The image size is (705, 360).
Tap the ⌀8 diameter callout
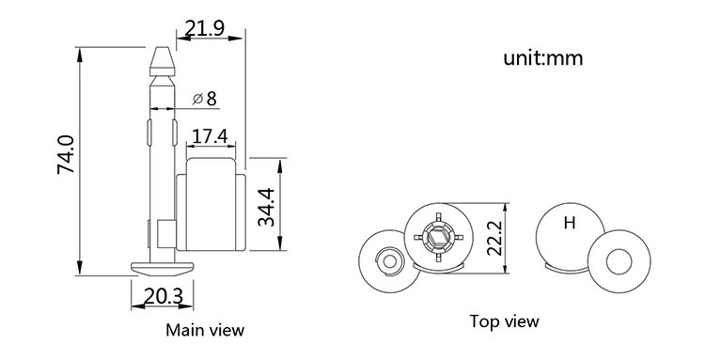pos(204,98)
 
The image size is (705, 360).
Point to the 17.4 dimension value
pos(209,136)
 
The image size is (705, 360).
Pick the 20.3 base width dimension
pos(163,297)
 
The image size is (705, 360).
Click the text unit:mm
pos(544,58)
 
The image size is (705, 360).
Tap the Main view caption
pos(205,330)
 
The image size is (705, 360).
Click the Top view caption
pos(505,321)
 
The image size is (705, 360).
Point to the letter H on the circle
pos(569,223)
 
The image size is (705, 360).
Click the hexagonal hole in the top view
pos(435,234)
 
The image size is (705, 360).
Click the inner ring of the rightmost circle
pos(619,259)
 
